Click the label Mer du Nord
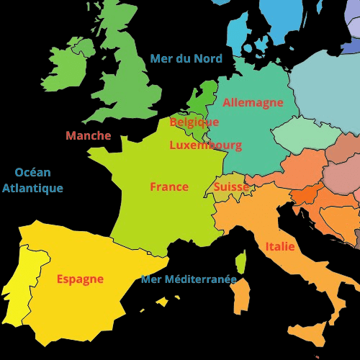pyautogui.click(x=186, y=58)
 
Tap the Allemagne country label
pyautogui.click(x=253, y=102)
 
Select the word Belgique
pyautogui.click(x=194, y=122)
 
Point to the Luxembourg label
pyautogui.click(x=205, y=145)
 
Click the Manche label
pyautogui.click(x=88, y=135)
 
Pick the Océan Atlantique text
pyautogui.click(x=32, y=180)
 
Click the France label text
pyautogui.click(x=169, y=186)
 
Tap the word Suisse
pyautogui.click(x=231, y=186)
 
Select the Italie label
pyautogui.click(x=279, y=246)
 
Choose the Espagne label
pyautogui.click(x=80, y=279)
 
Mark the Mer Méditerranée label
pyautogui.click(x=189, y=279)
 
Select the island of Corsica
pyautogui.click(x=240, y=263)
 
